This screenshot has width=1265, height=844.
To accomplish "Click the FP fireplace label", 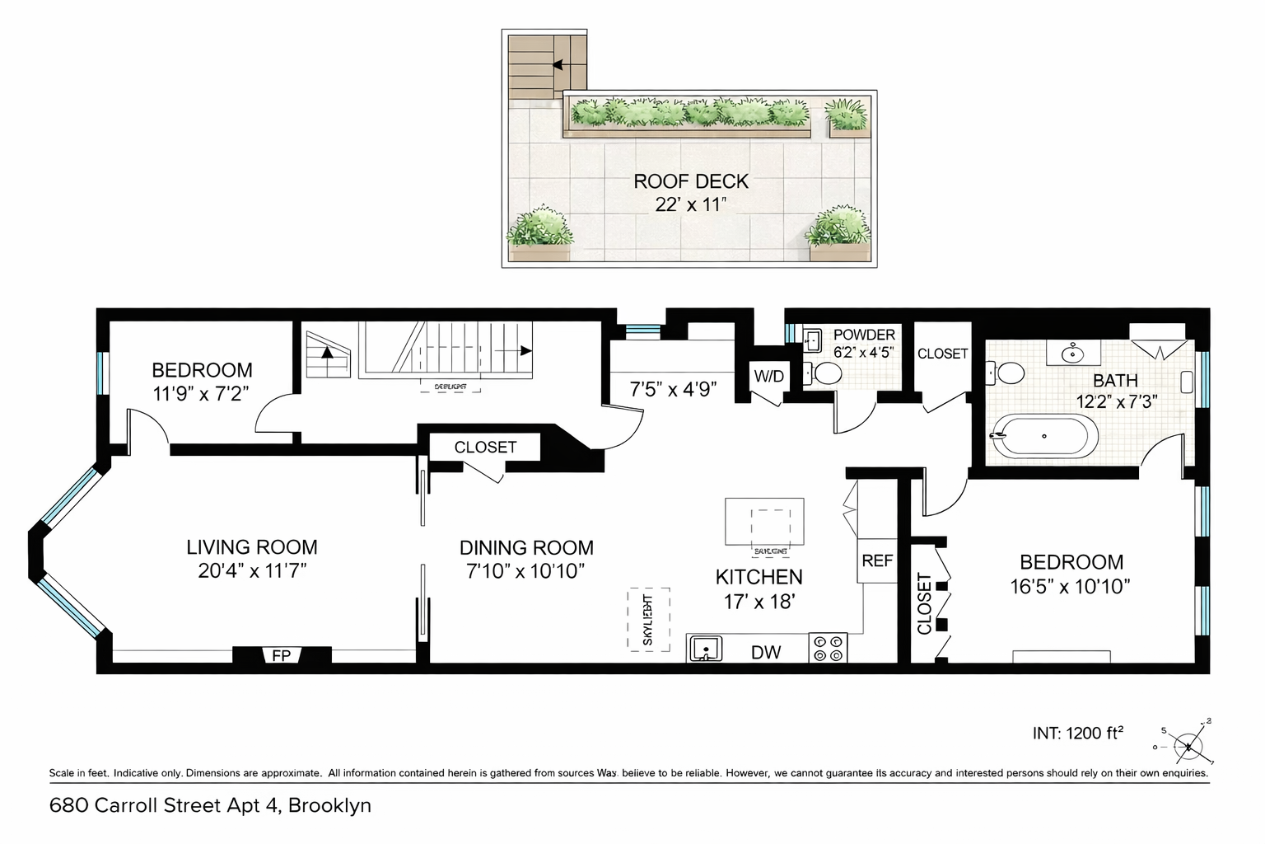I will (x=281, y=655).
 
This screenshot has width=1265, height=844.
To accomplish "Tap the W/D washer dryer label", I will (x=768, y=377).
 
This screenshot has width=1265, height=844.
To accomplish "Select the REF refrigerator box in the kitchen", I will (x=877, y=560).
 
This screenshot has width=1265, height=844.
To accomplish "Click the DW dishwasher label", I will (x=766, y=652).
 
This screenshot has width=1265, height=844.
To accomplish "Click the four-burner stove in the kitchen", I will (x=828, y=648).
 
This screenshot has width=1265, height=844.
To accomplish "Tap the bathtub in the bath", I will (x=1044, y=435).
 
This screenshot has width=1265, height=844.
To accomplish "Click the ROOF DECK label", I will (x=690, y=181).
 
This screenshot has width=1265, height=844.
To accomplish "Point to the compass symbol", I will (x=1188, y=746).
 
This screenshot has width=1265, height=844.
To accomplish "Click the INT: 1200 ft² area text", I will (x=1078, y=733).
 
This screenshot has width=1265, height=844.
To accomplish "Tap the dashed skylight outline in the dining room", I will (x=648, y=619).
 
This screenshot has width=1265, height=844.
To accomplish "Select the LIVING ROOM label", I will (x=251, y=547).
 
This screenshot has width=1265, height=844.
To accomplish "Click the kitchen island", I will (x=764, y=521).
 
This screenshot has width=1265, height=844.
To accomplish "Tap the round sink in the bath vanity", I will (x=1073, y=354).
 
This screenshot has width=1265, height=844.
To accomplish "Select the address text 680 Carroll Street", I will (x=210, y=805).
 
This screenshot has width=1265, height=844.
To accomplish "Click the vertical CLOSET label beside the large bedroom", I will (x=924, y=603).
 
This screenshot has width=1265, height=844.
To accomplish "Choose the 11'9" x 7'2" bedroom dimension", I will (x=201, y=393).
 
